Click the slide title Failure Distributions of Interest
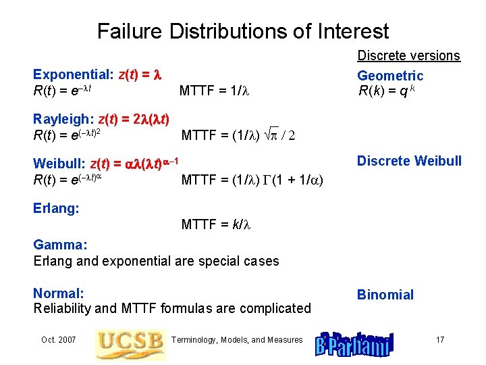pos(243,31)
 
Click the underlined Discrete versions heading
pos(408,55)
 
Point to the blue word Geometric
pos(390,76)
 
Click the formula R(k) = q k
pos(387,91)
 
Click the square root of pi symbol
pos(277,135)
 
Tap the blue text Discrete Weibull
pos(409,161)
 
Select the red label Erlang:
pos(57,208)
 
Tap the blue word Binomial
pos(385,295)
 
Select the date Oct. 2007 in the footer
pos(59,339)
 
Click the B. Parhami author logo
pos(354,342)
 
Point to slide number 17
pos(439,339)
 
